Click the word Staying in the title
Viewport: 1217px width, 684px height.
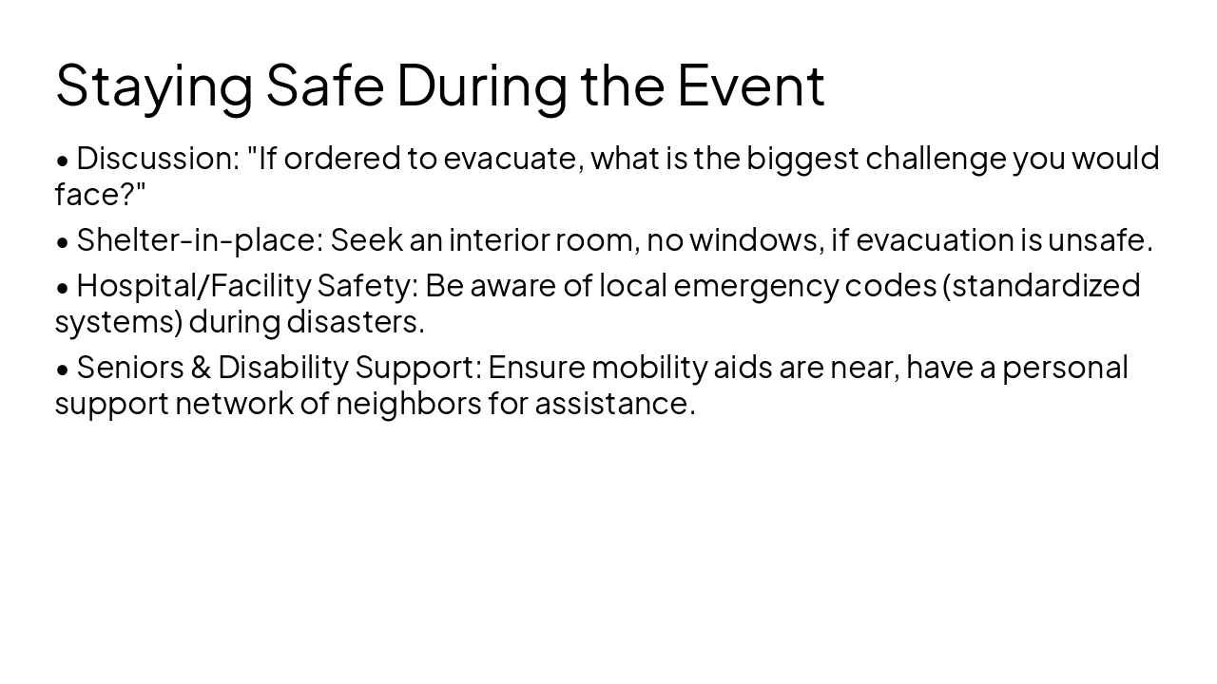(154, 85)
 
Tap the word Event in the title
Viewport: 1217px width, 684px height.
(750, 85)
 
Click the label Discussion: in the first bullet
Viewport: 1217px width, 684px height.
(158, 158)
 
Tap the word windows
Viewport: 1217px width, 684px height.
(755, 239)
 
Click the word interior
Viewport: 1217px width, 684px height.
(499, 239)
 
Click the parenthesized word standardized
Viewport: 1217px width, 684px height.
(1045, 285)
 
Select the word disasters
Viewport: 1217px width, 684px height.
(355, 321)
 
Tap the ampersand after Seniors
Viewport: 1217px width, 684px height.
(200, 367)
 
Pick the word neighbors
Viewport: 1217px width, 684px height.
(408, 403)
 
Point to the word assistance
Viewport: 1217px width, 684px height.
(614, 403)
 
